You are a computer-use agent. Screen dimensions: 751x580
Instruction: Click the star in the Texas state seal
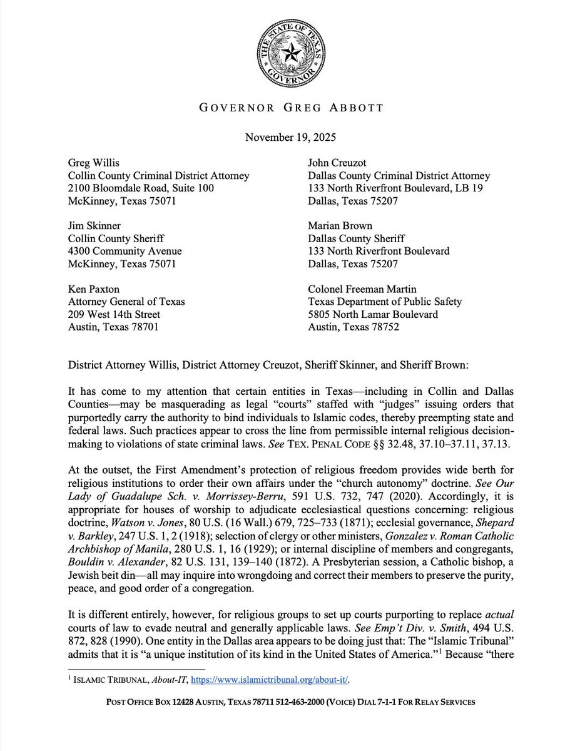tap(290, 54)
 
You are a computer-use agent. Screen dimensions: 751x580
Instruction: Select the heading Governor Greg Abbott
tap(290, 107)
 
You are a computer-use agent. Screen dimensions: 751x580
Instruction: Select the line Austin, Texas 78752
tap(353, 327)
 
